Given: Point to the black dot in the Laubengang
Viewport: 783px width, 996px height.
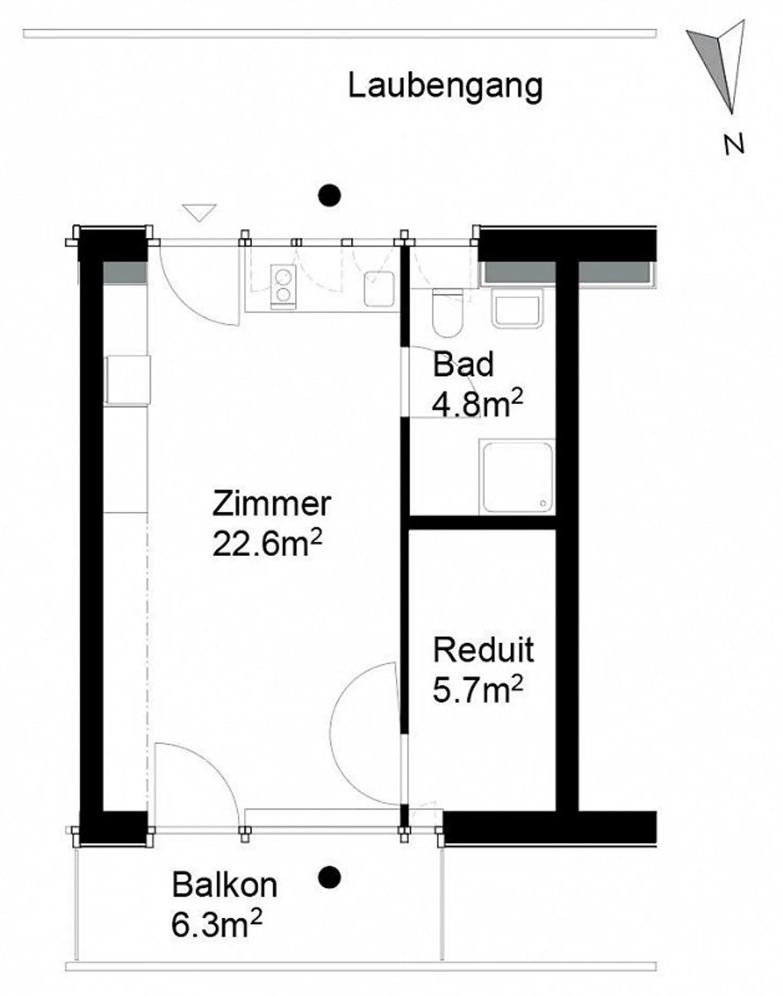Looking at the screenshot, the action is click(329, 195).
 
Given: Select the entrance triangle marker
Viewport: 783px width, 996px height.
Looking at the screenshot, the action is click(200, 212).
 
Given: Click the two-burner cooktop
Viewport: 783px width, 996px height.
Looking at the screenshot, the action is click(283, 287).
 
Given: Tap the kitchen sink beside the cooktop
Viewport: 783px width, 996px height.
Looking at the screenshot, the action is click(379, 289).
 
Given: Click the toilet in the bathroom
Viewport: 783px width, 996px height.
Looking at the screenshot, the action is click(448, 313).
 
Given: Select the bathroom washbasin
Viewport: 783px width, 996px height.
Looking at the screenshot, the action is click(517, 308).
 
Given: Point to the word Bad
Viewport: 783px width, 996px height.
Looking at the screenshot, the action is click(463, 364).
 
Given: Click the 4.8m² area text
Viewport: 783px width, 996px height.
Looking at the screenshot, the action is click(477, 403).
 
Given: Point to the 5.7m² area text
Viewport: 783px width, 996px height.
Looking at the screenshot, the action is click(478, 689).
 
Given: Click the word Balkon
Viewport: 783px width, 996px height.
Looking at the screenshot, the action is click(225, 885).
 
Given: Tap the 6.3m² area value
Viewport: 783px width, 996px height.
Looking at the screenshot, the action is click(217, 924).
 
